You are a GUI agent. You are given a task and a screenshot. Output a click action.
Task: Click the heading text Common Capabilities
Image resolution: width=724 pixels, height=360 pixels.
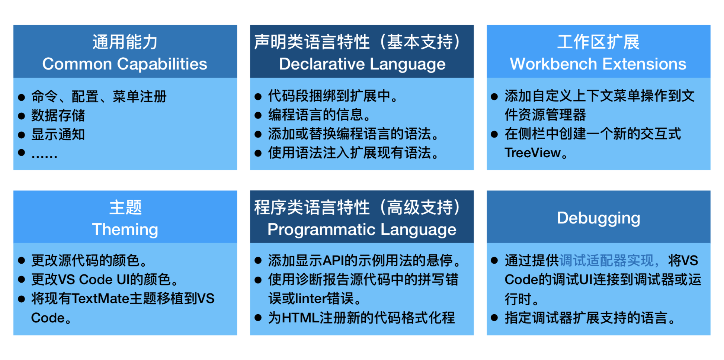coord(125,64)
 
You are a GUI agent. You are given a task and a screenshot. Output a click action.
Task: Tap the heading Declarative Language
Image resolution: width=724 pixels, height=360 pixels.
coord(362,64)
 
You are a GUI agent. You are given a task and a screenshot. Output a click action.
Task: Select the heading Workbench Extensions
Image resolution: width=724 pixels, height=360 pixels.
coord(598,64)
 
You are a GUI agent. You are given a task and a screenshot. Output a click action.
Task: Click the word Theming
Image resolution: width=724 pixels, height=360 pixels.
coord(125,229)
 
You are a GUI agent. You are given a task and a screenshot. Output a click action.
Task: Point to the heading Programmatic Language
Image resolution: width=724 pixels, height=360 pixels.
coord(362,229)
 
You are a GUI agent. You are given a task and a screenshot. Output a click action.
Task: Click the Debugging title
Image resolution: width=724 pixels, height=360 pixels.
coord(598,218)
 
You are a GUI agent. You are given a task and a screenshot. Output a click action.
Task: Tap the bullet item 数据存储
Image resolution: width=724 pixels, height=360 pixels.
coord(58,115)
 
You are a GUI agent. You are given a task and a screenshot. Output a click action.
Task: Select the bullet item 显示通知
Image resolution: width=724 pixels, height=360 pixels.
coord(58,134)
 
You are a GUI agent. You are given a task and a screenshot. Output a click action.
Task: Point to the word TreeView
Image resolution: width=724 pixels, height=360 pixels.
coord(532,153)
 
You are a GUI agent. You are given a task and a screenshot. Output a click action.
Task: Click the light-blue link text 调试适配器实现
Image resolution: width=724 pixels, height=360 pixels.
coord(606,260)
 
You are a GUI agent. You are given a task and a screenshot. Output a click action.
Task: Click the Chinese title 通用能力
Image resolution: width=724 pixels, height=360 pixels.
coord(125,42)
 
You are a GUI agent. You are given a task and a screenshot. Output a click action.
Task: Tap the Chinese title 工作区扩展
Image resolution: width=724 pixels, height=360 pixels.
coord(598,42)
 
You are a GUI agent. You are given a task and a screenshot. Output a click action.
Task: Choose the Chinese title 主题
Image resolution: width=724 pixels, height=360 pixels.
coord(125,207)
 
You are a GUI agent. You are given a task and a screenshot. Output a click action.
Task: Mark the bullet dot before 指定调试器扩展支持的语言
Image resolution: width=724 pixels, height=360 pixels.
coord(494,318)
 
